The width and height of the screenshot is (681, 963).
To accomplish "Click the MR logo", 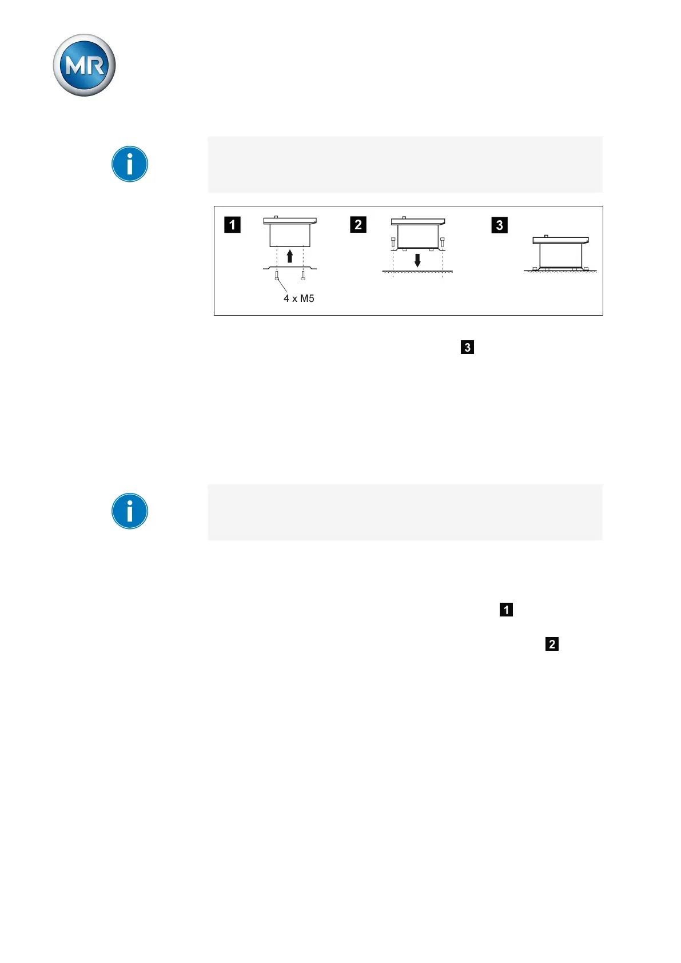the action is tap(84, 65).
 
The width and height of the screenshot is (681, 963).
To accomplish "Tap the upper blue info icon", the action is tap(130, 164).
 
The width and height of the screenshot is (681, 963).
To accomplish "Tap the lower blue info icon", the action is tap(130, 511).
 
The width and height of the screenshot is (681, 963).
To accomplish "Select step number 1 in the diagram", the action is tap(232, 225).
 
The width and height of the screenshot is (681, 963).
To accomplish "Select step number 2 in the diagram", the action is tap(358, 225).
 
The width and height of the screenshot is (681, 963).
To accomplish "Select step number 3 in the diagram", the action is tap(499, 225).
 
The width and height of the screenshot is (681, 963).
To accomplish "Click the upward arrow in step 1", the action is tap(290, 256).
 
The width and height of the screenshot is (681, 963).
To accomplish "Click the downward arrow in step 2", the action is tap(417, 260).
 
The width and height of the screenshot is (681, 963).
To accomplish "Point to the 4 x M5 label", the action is tap(299, 299).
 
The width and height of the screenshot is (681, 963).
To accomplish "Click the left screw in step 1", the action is tap(277, 276).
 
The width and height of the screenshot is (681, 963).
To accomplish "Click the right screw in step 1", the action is tap(303, 276).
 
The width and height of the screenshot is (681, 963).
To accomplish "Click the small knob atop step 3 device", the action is tap(546, 236).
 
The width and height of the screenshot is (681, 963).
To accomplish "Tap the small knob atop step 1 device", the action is tap(276, 217).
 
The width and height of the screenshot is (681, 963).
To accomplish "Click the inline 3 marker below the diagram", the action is tap(467, 347).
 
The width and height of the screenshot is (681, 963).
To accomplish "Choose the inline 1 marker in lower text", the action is tap(506, 610).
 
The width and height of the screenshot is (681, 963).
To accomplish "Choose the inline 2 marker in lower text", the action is tap(552, 644).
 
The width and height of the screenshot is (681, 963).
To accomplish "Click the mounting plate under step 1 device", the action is tap(290, 268).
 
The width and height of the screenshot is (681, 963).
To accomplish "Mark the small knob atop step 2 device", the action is tap(404, 217).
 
